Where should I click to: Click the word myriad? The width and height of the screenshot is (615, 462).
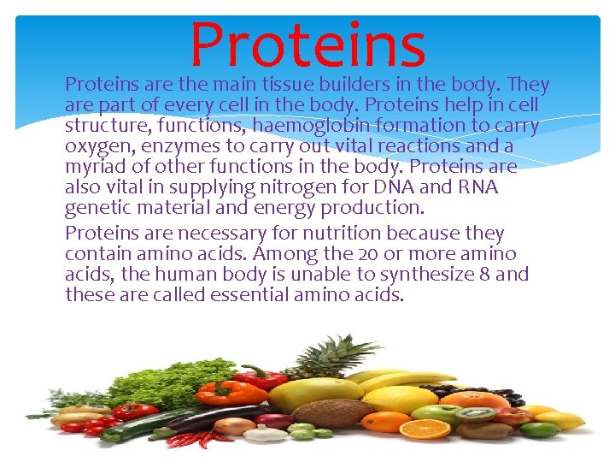(x=93, y=167)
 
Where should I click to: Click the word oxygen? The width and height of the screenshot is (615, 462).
(x=95, y=146)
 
